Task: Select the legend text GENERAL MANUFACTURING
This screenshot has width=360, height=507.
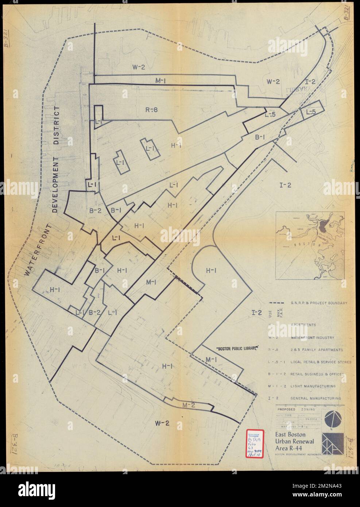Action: coord(316,399)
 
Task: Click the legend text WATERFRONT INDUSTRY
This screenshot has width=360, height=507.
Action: coord(312,338)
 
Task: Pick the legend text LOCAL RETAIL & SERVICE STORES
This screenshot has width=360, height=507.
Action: coord(321,362)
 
